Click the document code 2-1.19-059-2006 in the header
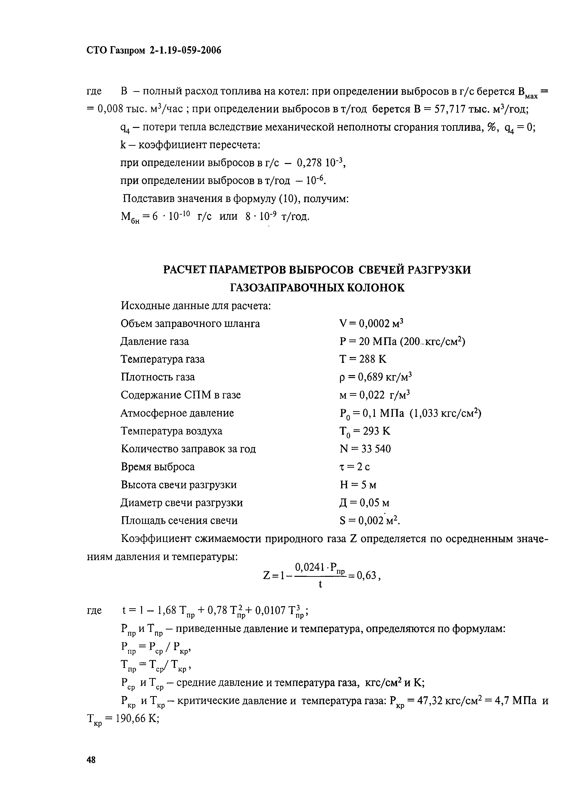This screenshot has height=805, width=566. tap(185, 51)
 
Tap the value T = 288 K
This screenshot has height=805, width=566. tap(363, 359)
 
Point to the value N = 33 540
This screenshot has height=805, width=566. tap(365, 449)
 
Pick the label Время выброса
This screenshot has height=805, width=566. tap(157, 467)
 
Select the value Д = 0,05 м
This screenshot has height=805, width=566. tap(364, 503)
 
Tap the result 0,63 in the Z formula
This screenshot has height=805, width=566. tap(366, 575)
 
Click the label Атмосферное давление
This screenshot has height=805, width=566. tap(177, 413)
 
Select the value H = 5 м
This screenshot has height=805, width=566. tap(358, 485)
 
